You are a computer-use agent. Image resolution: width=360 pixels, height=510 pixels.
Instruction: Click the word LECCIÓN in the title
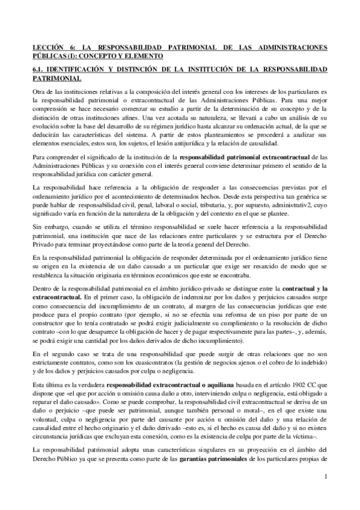49,47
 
